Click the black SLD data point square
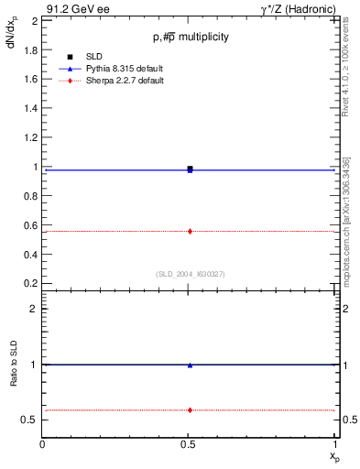coord(190,169)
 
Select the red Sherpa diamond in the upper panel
coord(190,231)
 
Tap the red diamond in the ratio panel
coord(190,409)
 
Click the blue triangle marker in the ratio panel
coord(190,365)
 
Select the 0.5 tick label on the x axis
coord(190,445)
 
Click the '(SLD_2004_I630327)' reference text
coord(190,274)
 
